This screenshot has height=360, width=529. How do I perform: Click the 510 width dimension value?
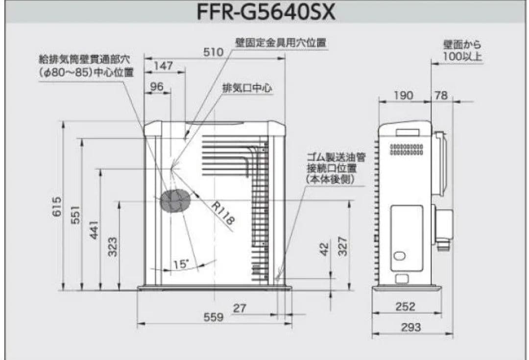pos(214,51)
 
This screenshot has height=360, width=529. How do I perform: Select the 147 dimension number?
pos(163,66)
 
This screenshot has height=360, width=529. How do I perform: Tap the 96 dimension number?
pos(157,87)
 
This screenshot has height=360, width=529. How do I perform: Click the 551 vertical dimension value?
pos(75,215)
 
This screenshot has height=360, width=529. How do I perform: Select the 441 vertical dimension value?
pos(94,230)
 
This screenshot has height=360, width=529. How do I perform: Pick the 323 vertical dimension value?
pos(113,246)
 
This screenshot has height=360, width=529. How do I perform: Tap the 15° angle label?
pos(181,264)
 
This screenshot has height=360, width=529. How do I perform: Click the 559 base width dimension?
pos(214,317)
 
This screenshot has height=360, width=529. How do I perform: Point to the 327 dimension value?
pos(342,246)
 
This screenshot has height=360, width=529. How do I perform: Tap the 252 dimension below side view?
pos(405,307)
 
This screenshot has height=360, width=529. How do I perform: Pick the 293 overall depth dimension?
pos(410,328)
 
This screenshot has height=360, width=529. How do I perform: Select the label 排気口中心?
pos(247,88)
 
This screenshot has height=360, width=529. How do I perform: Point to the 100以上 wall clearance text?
pos(462,57)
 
